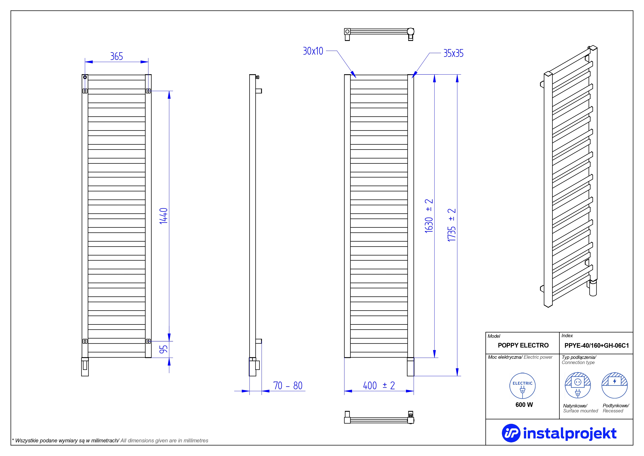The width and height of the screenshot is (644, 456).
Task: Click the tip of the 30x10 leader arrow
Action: [356, 78]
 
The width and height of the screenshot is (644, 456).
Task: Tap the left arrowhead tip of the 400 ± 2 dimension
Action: [344, 391]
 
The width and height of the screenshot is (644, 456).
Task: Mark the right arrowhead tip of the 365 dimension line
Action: [148, 62]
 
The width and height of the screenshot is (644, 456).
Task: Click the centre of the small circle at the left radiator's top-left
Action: [85, 77]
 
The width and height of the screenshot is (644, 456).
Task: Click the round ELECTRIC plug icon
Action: [522, 386]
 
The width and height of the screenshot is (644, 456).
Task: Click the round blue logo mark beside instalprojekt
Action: [511, 433]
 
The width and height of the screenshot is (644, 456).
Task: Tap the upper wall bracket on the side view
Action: [259, 91]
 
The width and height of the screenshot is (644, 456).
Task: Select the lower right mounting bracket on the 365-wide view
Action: [148, 341]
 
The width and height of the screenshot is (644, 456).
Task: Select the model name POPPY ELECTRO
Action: [523, 345]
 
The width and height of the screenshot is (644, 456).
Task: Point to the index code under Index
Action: [597, 345]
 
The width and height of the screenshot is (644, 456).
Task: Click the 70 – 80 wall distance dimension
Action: [288, 385]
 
